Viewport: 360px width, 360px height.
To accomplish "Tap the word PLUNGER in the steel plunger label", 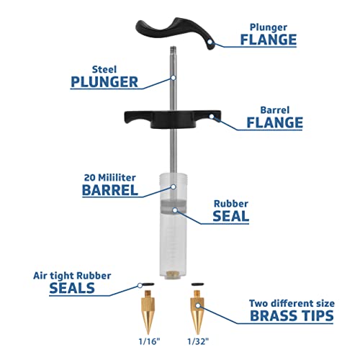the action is pos(104,82).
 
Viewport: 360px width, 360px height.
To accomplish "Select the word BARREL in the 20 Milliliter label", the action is pos(110,190).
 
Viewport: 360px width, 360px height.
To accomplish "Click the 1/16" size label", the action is pos(149,341).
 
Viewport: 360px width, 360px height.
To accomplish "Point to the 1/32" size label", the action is pos(198,341).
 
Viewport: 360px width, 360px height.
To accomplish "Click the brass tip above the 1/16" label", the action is pos(148,312).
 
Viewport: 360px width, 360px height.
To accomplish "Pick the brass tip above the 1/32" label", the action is pos(197,312).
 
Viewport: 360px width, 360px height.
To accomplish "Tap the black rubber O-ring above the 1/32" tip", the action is pos(197,284).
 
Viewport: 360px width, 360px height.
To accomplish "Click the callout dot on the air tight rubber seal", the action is pos(140,286).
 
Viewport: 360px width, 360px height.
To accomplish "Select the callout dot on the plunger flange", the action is pos(210,42).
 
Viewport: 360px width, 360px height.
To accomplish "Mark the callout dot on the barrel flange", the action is pos(212,117).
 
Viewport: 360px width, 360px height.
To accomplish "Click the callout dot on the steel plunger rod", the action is pos(173,78).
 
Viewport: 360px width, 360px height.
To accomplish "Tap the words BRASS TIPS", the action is pos(292,315).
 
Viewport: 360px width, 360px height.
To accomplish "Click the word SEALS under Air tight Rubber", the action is pos(72,288).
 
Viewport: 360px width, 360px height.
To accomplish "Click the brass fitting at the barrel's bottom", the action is pos(173,274).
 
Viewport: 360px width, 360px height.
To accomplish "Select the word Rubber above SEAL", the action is pos(231,204).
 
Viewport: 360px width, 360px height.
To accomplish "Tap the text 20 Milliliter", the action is pos(109,178).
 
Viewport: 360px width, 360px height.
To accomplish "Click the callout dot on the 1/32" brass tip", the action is pos(197,305).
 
